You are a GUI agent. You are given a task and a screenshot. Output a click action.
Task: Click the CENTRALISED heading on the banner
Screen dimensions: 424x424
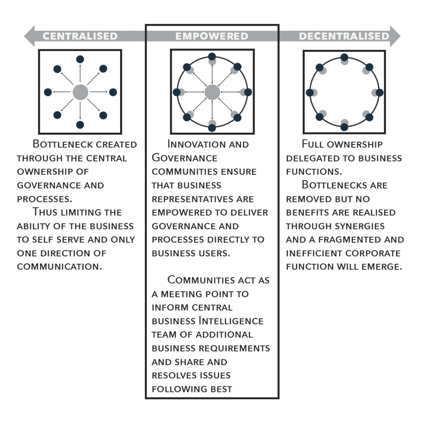80,36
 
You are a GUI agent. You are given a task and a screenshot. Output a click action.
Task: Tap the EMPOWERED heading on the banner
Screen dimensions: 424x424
212,36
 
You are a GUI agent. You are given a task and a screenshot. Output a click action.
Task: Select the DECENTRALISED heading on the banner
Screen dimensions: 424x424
344,36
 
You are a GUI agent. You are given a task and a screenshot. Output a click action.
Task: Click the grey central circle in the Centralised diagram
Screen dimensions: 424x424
80,92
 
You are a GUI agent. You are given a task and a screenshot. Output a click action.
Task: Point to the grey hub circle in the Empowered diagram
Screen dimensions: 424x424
212,92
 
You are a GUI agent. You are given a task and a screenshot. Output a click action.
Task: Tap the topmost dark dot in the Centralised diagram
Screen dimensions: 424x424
80,59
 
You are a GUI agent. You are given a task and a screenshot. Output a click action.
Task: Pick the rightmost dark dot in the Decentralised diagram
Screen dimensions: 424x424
379,92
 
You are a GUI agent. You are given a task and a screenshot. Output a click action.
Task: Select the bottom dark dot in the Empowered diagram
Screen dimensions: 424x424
212,128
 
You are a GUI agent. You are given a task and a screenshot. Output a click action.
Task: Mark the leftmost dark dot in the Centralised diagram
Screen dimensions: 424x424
48,92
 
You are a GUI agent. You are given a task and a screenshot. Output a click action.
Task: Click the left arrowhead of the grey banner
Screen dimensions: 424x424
29,36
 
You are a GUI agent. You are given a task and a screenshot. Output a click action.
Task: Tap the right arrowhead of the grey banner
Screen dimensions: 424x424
395,36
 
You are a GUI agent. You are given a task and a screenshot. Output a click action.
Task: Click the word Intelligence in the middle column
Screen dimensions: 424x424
231,321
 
